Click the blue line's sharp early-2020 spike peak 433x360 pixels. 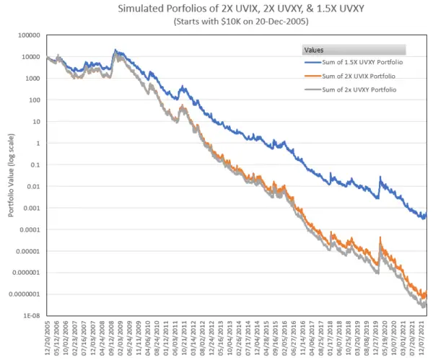coord(380,177)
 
